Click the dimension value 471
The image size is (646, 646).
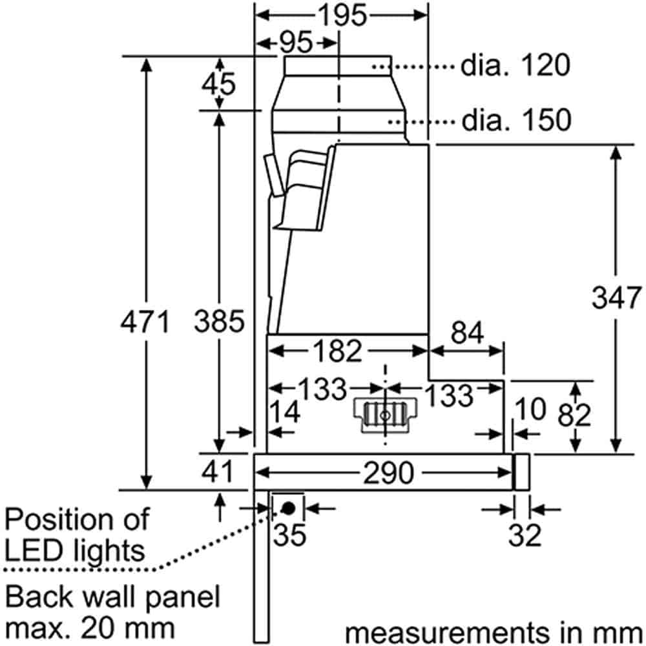(x=145, y=321)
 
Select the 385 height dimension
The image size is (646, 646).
(x=220, y=321)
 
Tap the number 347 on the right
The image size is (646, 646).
(x=617, y=298)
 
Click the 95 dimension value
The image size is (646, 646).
(x=296, y=43)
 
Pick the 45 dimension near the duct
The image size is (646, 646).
(x=219, y=84)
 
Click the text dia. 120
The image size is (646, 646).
(x=516, y=66)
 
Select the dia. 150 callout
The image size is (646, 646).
(x=516, y=120)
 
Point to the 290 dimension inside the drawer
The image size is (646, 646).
(x=388, y=474)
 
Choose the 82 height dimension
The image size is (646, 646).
(x=574, y=416)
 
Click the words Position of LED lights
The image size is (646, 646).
(x=76, y=534)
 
